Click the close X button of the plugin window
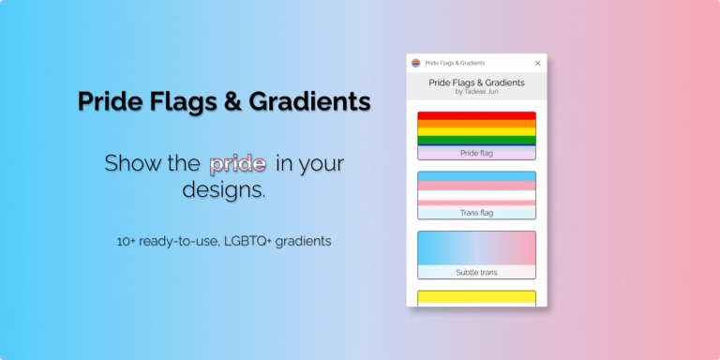click(x=537, y=63)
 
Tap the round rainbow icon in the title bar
click(x=415, y=63)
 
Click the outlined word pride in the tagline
click(x=237, y=164)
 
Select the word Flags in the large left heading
click(x=181, y=101)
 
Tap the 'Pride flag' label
click(x=476, y=152)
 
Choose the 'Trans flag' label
click(x=476, y=213)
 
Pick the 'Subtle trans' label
click(x=476, y=272)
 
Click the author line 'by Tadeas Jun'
click(x=476, y=92)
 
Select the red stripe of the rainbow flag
click(x=476, y=116)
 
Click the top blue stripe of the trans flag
click(x=476, y=175)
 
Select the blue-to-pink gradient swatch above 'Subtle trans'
click(x=476, y=247)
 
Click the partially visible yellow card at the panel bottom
click(x=476, y=298)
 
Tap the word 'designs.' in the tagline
click(x=224, y=190)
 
